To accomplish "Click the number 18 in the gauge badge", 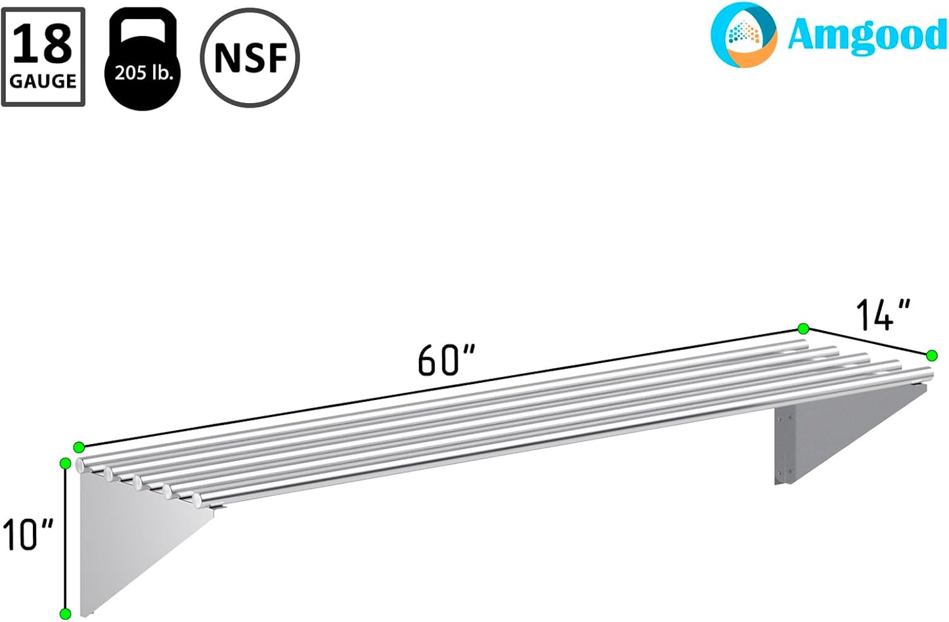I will point(43,43).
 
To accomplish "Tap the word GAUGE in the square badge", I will point(43,81).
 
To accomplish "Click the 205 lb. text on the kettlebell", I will point(143,72).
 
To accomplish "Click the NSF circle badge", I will point(250,58).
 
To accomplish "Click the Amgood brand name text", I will point(867,34).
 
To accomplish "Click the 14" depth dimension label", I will point(883,315).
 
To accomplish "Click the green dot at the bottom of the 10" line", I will point(65,614).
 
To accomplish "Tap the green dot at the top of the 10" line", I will point(65,464).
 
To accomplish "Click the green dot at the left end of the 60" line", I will point(79,447).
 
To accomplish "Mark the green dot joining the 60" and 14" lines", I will point(803,328).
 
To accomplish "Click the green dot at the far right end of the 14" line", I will point(931,355).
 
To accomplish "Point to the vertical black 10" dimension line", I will point(65,539).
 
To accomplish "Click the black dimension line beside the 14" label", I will point(867,342).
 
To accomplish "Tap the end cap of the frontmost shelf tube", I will point(198,502).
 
